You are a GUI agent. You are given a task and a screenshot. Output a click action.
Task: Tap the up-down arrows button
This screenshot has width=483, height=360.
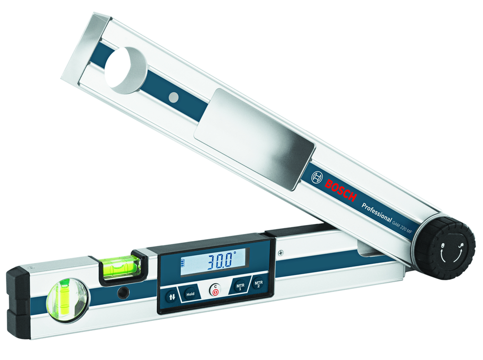[170, 296]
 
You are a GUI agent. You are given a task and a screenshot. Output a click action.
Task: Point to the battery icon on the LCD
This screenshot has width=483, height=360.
[184, 264]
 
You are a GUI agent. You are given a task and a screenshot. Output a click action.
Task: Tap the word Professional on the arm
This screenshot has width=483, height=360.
[377, 212]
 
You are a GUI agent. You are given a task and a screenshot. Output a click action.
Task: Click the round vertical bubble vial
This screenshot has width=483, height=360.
[67, 300]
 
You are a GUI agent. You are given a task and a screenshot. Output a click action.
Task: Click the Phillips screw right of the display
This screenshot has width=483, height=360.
[280, 251]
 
